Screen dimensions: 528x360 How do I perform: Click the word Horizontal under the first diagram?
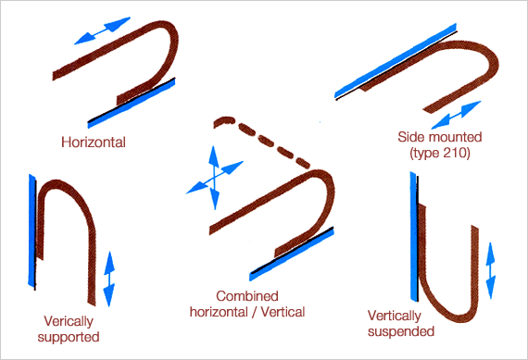click(94, 143)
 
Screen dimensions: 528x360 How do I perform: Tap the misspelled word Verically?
click(69, 322)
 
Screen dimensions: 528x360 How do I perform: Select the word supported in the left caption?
click(69, 338)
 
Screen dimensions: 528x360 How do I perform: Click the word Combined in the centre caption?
click(247, 296)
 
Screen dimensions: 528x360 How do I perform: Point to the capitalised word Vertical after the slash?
click(283, 312)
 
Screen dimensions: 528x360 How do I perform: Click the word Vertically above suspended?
click(395, 317)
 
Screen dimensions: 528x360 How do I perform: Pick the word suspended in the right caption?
click(401, 331)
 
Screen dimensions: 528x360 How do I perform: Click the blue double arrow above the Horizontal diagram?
click(102, 31)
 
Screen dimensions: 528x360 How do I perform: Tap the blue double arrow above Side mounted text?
click(457, 115)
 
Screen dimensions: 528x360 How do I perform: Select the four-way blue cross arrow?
click(214, 177)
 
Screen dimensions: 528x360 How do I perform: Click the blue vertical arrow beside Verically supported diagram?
click(109, 279)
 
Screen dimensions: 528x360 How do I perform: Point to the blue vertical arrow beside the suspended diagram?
click(491, 270)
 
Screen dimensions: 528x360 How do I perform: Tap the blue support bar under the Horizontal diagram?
click(132, 103)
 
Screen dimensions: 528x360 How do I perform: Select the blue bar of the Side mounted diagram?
click(396, 61)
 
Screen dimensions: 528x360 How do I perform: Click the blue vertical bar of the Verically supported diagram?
click(32, 231)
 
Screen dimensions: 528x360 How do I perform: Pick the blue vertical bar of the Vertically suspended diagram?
click(413, 236)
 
